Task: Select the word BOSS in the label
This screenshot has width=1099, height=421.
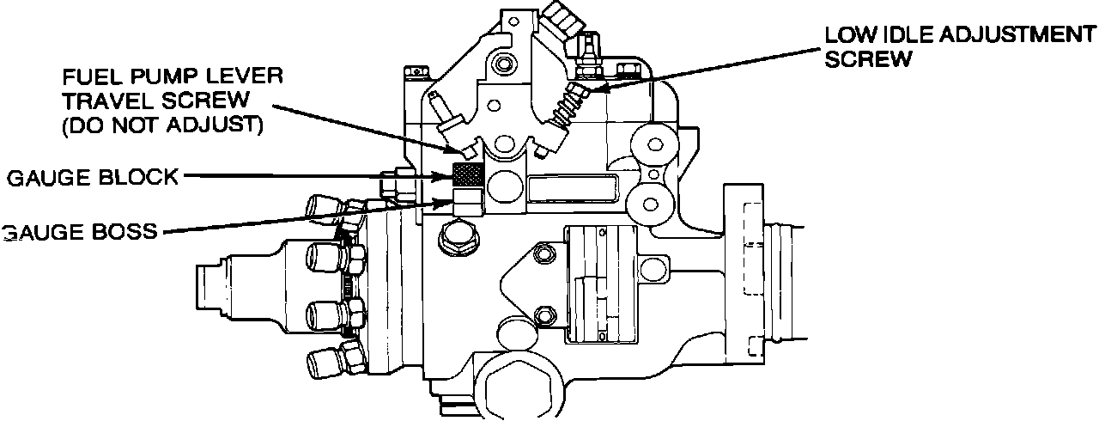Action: pos(124,232)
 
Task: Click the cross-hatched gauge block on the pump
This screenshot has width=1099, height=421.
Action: pos(468,174)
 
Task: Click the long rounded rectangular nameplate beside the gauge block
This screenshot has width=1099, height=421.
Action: pos(573,187)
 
